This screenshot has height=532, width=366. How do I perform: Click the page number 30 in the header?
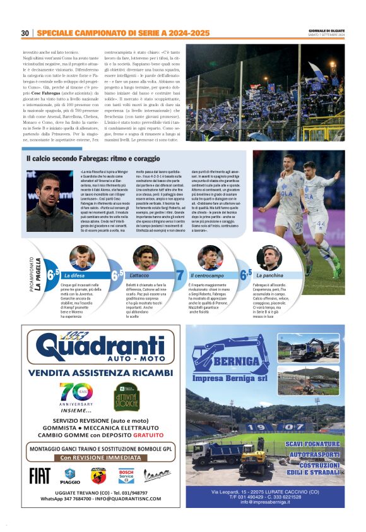[25, 33]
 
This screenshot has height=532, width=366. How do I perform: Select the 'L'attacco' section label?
[139, 275]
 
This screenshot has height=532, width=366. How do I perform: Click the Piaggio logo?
[70, 475]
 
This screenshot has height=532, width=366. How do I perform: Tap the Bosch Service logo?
[126, 475]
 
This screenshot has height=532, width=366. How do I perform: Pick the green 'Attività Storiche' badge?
[126, 397]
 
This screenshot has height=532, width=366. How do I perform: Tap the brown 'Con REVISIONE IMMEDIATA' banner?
[101, 457]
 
